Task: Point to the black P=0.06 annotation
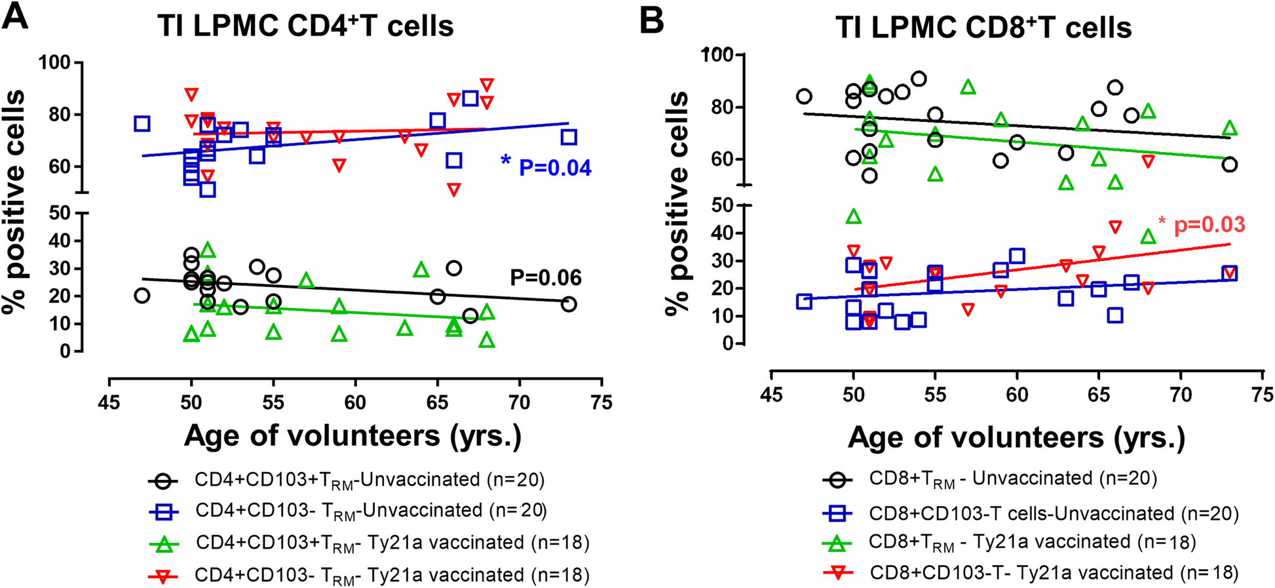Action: click(x=546, y=278)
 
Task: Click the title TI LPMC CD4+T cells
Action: click(x=305, y=26)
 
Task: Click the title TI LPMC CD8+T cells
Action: click(x=983, y=28)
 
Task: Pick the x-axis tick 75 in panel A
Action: click(x=601, y=401)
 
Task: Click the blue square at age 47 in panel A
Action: click(x=142, y=123)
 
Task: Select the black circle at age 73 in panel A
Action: click(x=569, y=304)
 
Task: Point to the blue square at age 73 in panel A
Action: click(x=569, y=137)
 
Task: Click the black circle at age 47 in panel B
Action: click(x=804, y=96)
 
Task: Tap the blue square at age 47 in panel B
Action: click(x=804, y=301)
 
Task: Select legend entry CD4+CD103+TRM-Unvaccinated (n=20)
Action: click(x=370, y=480)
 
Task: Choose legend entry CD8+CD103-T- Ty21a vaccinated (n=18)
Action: click(x=1054, y=573)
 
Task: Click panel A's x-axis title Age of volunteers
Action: click(x=352, y=435)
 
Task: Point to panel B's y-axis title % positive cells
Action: click(x=677, y=203)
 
